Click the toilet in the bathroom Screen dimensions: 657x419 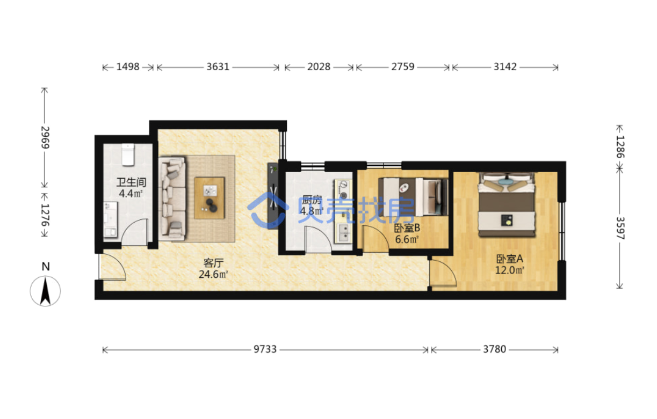(x=128, y=155)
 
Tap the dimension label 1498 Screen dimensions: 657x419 (x=128, y=67)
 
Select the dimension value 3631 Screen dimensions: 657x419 (x=218, y=67)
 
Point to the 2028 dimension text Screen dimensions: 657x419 (x=319, y=67)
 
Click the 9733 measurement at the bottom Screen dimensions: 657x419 (x=265, y=349)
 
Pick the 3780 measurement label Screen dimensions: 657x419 (x=495, y=349)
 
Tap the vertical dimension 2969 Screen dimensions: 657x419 (x=45, y=137)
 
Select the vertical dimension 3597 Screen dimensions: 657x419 (x=620, y=228)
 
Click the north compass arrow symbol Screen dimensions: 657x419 (x=45, y=291)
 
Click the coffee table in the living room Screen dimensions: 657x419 (x=210, y=198)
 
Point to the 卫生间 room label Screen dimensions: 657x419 (x=131, y=182)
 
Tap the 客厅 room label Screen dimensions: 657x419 (x=213, y=263)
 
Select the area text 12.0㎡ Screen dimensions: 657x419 (x=509, y=270)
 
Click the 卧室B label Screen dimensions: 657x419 (x=407, y=227)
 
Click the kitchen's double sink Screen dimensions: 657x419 (x=343, y=233)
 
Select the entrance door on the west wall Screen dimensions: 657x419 (x=113, y=266)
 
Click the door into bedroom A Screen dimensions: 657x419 (x=443, y=273)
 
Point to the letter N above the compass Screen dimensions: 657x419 (x=46, y=267)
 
